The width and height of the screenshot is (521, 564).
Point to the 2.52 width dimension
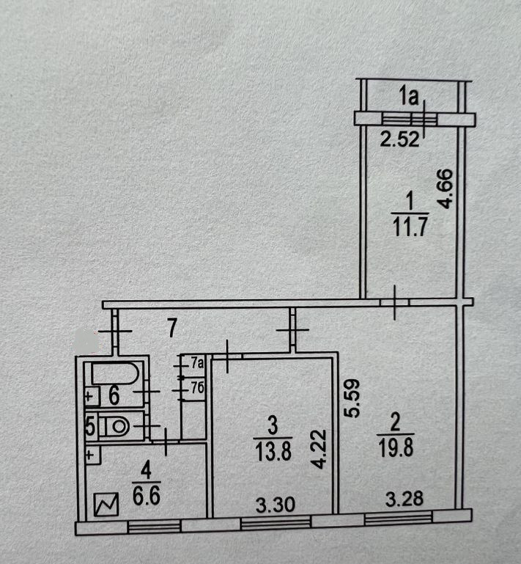pyautogui.click(x=402, y=140)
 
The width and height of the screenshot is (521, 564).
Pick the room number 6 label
pyautogui.click(x=114, y=396)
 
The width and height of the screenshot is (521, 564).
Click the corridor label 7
pyautogui.click(x=172, y=329)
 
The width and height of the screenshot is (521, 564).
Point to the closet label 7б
pyautogui.click(x=195, y=388)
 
